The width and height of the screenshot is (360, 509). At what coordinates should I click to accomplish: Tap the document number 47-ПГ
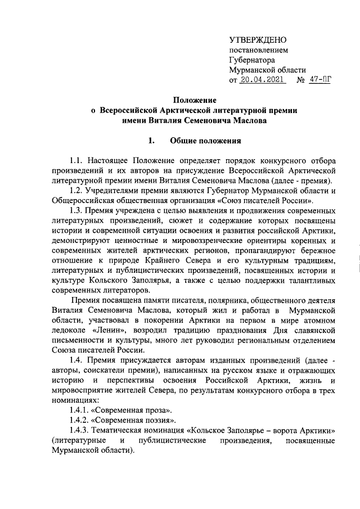click(x=319, y=80)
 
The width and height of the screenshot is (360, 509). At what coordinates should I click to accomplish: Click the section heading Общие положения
click(x=205, y=141)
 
